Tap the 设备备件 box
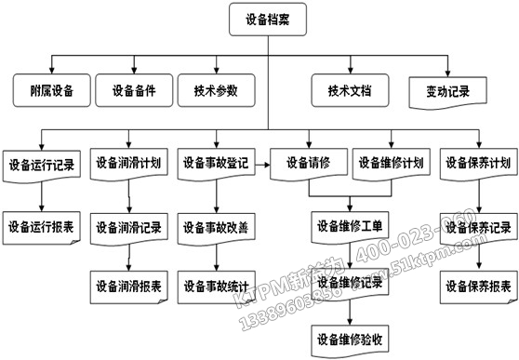pos(134,91)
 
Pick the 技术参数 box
pos(216,91)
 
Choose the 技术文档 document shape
pos(350,91)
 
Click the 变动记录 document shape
pos(446,92)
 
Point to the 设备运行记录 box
pos(41,166)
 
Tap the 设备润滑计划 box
pos(129,162)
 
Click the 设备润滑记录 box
pos(129,226)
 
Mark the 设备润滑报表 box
pos(129,284)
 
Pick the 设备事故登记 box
pos(216,162)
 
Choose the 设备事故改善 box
pos(216,226)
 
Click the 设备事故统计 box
pos(216,284)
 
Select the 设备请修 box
pos(307,162)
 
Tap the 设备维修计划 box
pos(392,162)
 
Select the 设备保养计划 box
pos(478,162)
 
